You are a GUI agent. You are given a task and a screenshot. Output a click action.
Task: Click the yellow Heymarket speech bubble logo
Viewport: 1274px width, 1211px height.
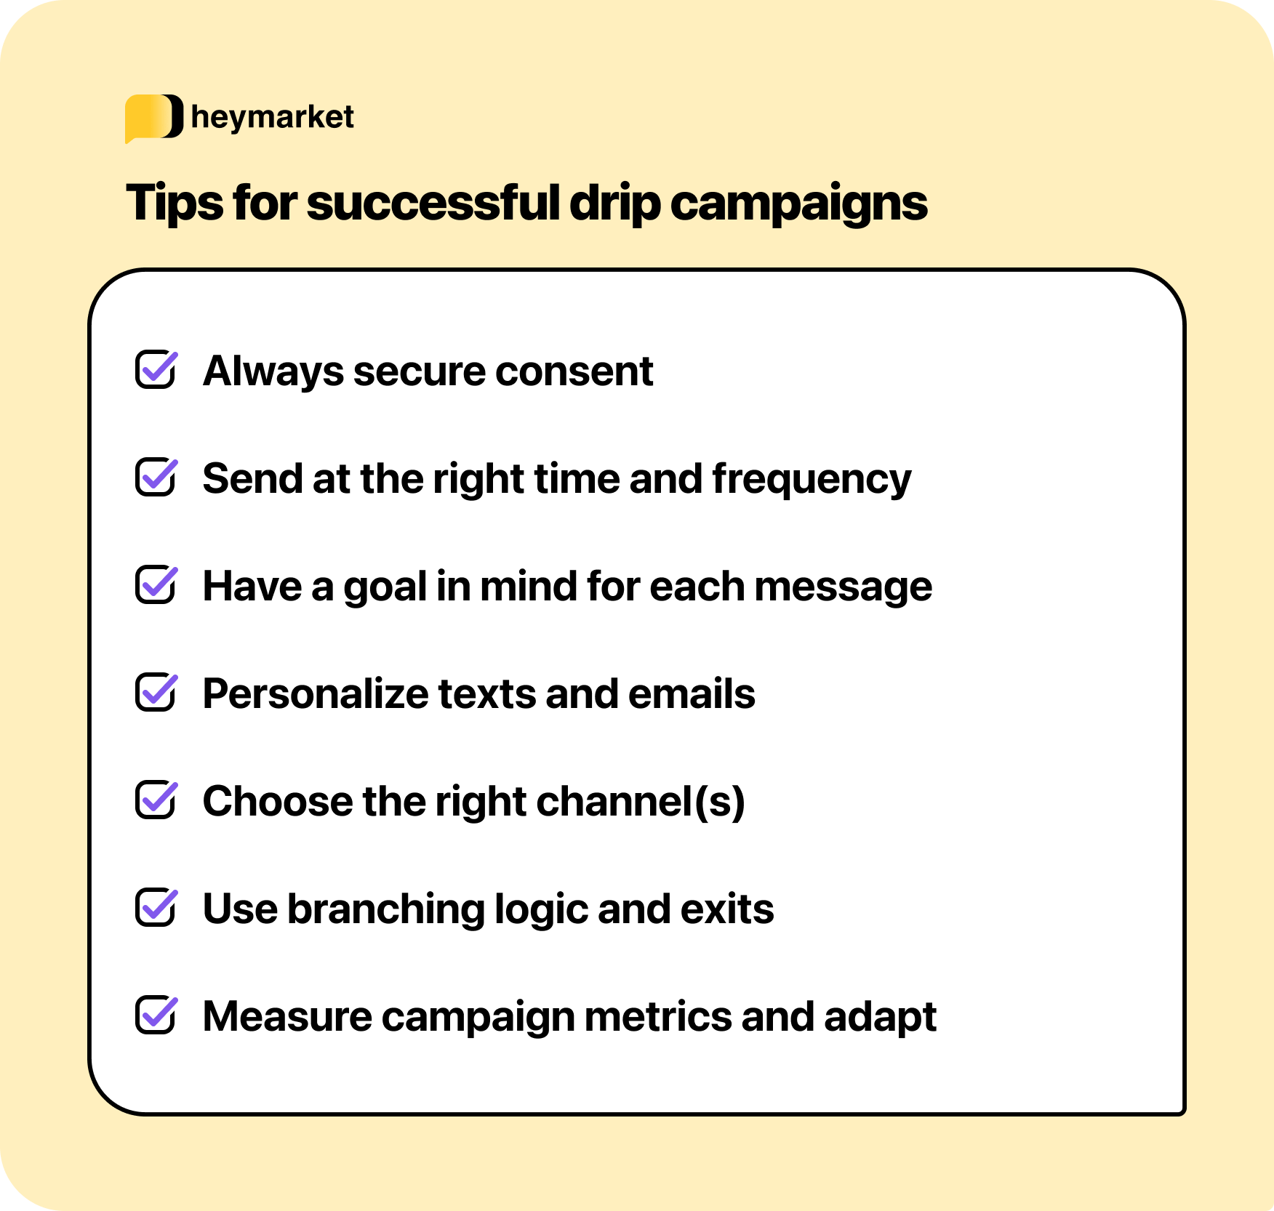tap(153, 117)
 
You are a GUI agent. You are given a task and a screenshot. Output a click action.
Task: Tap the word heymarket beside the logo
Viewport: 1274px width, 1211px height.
tap(272, 117)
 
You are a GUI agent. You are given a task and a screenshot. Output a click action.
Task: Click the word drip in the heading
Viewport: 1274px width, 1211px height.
tap(614, 204)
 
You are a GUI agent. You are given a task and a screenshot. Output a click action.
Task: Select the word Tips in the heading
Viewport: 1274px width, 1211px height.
tap(175, 204)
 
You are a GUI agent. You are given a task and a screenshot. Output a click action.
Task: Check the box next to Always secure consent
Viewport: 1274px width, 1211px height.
tap(156, 370)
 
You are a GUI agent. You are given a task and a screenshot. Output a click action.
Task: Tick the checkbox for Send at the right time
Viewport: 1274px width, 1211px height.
tap(156, 478)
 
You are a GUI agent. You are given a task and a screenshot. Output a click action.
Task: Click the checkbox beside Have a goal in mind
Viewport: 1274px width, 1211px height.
tap(156, 585)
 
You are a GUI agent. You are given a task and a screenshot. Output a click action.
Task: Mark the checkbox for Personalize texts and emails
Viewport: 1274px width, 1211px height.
tap(156, 693)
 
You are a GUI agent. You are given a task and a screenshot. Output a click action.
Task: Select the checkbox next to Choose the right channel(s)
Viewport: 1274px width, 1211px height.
tap(156, 800)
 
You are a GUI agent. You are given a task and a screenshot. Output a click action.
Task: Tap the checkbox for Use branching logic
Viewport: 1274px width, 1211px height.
tap(156, 908)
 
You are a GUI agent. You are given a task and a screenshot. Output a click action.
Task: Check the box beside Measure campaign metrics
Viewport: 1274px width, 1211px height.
tap(156, 1015)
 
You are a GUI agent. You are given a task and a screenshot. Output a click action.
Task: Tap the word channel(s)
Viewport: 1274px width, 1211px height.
tap(641, 802)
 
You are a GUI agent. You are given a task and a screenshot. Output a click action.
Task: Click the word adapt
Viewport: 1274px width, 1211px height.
tap(880, 1018)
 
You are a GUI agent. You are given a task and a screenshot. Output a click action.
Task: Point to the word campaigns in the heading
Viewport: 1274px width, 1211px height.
tap(798, 204)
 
